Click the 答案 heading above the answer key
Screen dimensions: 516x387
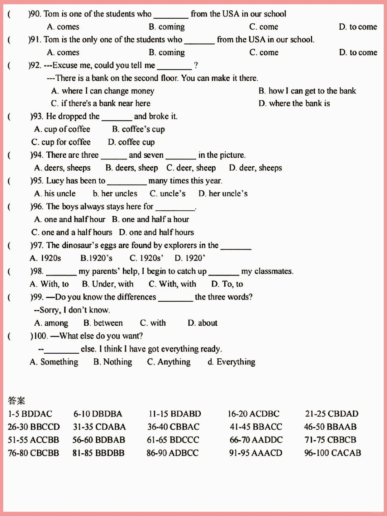(x=16, y=400)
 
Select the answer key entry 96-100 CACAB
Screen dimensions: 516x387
(x=333, y=453)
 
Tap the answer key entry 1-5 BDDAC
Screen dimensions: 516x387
(x=30, y=414)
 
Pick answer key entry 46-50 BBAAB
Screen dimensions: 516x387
(x=330, y=427)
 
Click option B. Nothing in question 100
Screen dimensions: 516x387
(x=113, y=362)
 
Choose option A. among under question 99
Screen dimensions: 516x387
(x=51, y=323)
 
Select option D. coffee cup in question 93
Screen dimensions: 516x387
(x=131, y=142)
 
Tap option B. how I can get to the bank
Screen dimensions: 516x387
(x=307, y=91)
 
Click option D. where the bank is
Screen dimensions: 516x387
(x=294, y=104)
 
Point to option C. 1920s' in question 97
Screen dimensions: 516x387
(x=146, y=258)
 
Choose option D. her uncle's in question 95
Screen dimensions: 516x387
(x=223, y=193)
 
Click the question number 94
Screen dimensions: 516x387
(x=37, y=155)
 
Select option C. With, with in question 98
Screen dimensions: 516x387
(x=172, y=284)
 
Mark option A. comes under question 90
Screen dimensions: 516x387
(x=63, y=27)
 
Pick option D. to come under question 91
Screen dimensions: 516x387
(x=358, y=53)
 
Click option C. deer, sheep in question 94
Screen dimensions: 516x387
(x=191, y=168)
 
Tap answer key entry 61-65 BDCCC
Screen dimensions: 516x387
(x=173, y=440)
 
